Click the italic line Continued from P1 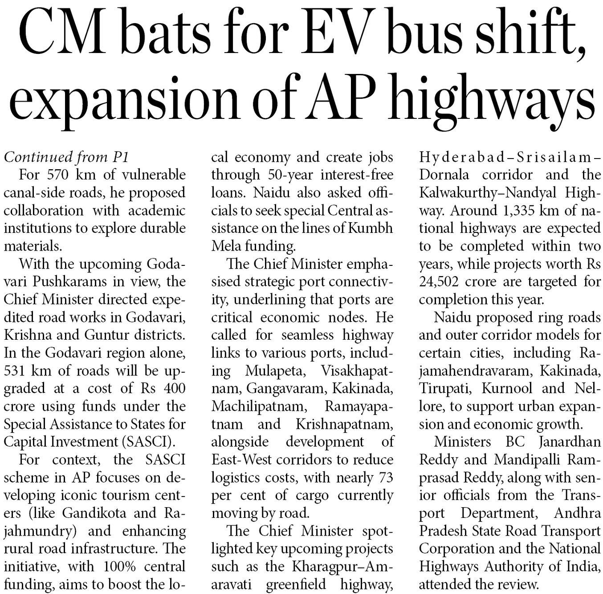pos(66,157)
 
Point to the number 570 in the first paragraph pos(57,175)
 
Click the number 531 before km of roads pos(16,370)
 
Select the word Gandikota pos(94,513)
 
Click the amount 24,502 pos(438,281)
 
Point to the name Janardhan pos(570,442)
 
